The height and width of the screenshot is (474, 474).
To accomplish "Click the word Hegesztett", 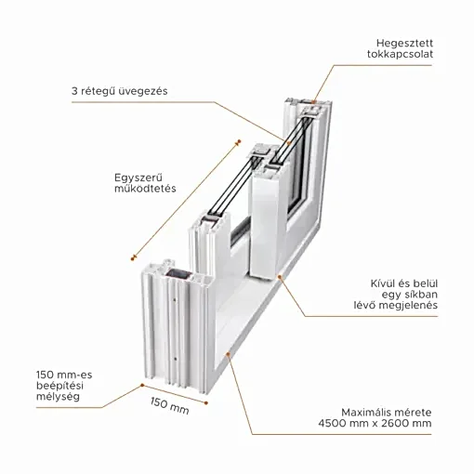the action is pos(404,44).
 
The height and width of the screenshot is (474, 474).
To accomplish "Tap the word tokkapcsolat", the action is pos(400,54).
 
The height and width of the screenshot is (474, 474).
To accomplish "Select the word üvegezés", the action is pos(144,91).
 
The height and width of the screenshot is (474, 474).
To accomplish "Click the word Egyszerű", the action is pos(138,178).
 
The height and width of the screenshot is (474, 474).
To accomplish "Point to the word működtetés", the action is pos(145,189).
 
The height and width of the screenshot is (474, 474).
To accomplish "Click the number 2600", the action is pos(394,423).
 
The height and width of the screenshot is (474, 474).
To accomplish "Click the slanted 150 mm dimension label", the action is pos(170,405).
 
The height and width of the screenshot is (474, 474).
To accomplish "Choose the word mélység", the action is pos(58,397).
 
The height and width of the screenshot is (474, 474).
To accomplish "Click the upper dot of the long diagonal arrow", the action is pos(238,141).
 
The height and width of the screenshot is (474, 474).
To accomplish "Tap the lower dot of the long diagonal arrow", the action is pos(133,257).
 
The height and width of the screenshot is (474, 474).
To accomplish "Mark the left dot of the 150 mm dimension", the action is pos(142,385).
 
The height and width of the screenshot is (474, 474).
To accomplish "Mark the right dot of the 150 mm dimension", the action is pos(206,402).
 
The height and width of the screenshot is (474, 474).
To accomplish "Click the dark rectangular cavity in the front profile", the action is pos(179,275).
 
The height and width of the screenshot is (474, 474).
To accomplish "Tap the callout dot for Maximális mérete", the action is pos(229,353).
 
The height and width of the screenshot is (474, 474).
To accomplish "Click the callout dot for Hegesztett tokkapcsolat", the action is pos(313,102).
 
